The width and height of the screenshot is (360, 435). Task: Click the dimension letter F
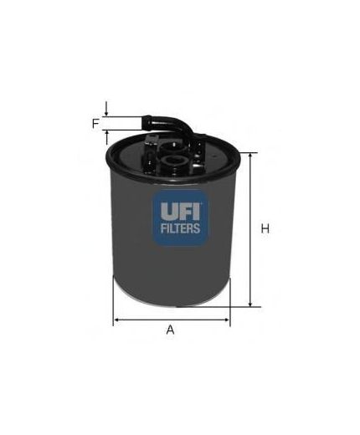tap(96, 124)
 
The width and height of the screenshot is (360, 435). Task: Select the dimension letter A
tap(170, 330)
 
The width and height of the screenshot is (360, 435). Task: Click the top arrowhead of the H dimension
tap(249, 155)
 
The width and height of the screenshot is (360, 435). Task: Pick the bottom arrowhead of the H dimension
tap(249, 304)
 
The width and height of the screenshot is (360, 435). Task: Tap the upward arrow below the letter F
tap(107, 136)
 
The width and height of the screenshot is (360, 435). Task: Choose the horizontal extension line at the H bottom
tap(239, 307)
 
